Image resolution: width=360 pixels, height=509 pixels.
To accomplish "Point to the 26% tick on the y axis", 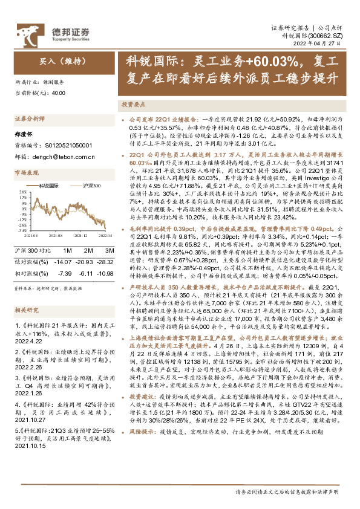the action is [22, 193].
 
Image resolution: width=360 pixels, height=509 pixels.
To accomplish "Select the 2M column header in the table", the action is [88, 250].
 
